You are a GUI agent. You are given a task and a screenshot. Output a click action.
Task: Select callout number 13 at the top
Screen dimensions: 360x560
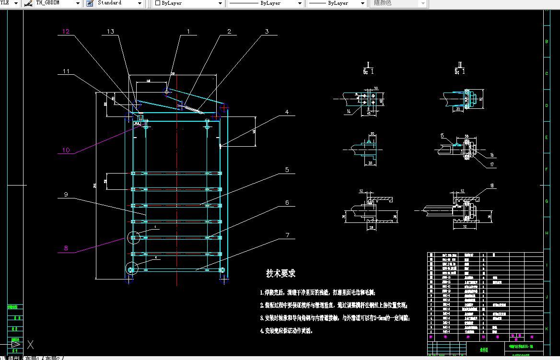(110, 32)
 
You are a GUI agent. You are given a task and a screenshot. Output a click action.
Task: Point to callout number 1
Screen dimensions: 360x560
(188, 32)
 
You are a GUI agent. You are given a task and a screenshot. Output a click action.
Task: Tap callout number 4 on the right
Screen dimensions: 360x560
(287, 112)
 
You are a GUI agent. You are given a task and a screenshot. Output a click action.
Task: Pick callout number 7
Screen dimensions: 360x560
(287, 235)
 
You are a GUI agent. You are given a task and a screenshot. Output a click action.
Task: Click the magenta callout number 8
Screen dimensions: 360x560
(66, 248)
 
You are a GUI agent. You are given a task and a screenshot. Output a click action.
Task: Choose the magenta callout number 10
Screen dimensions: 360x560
(66, 150)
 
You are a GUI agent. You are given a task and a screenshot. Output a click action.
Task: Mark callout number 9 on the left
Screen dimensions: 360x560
(66, 195)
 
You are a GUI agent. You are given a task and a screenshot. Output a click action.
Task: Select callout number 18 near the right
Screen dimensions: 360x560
(492, 186)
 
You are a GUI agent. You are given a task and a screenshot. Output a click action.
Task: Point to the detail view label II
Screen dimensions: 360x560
(461, 64)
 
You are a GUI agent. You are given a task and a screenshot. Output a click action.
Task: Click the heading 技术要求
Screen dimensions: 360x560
(281, 273)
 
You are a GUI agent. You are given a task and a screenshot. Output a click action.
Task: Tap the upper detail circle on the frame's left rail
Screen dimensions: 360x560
(134, 237)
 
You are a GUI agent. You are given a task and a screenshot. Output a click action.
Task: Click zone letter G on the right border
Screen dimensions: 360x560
(547, 202)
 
